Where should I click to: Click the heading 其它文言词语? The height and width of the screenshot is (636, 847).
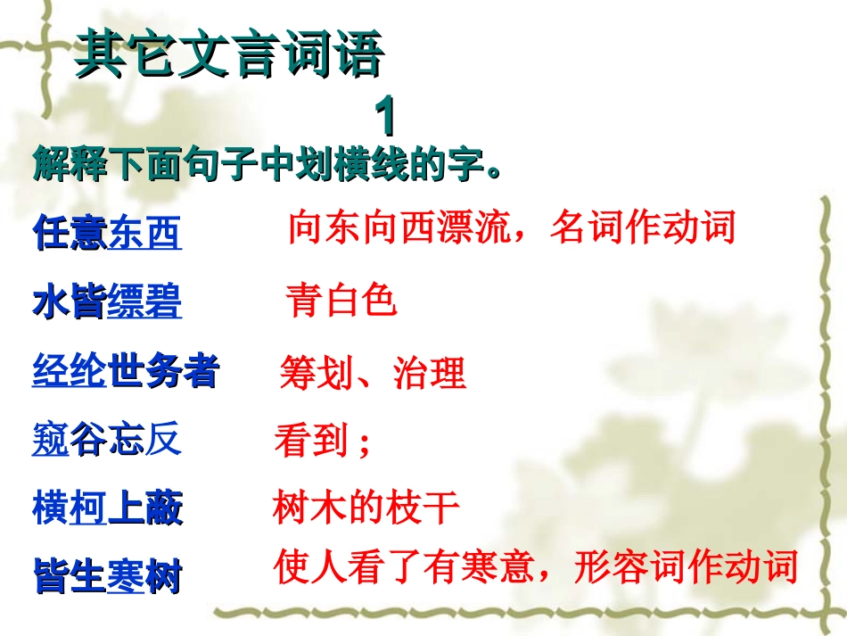(x=229, y=55)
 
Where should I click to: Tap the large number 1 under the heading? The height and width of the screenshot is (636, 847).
(x=384, y=117)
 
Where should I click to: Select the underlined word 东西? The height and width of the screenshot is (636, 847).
(x=144, y=233)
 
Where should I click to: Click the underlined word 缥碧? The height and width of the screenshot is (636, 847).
(x=144, y=303)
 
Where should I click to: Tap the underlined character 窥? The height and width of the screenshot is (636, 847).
(x=51, y=442)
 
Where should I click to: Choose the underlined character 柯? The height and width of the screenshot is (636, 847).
(x=88, y=509)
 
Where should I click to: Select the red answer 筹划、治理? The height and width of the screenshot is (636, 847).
(x=373, y=373)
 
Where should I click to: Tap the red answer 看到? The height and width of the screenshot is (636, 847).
(x=311, y=442)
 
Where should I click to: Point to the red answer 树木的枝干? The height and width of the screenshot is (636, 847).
(x=366, y=509)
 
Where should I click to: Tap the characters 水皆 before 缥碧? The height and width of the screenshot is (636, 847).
(x=70, y=303)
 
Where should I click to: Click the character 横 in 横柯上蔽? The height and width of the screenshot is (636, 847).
(x=51, y=509)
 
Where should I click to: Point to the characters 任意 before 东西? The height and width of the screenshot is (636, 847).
(x=70, y=233)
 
